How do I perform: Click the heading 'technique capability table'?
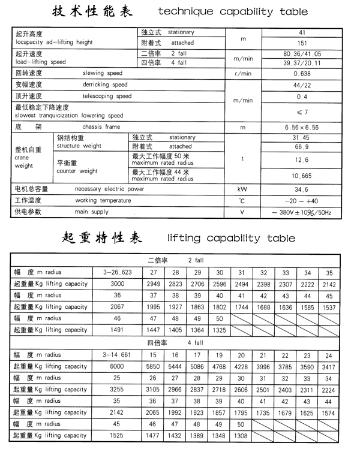coord(233,12)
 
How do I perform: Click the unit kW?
coord(242,189)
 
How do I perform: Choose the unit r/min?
coord(242,73)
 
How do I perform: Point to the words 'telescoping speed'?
coord(107,96)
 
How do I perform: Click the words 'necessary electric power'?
coord(109,189)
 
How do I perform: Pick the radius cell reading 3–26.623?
coord(117,272)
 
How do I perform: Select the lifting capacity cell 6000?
coord(117,366)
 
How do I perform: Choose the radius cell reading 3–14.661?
coord(117,355)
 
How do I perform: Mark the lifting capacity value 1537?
coord(329,306)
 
